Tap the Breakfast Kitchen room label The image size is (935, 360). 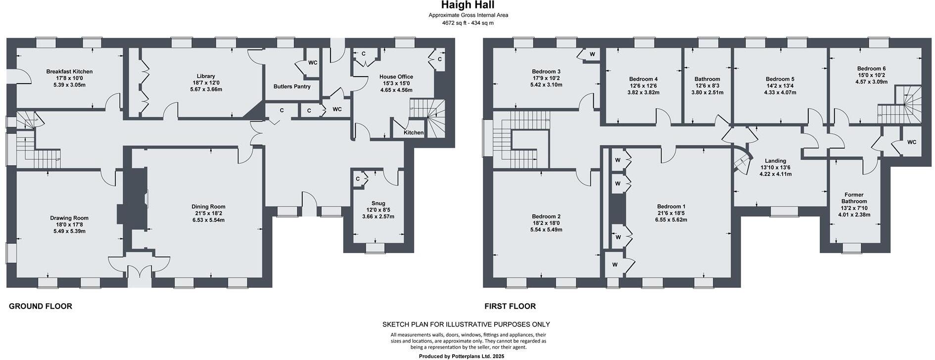(x=69, y=72)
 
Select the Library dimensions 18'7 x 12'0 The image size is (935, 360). (x=206, y=83)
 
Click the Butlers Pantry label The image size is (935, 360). (x=292, y=87)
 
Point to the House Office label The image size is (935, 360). (x=396, y=77)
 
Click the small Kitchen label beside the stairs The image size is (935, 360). (x=413, y=133)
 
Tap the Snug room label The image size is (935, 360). (x=378, y=203)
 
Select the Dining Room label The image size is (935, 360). (x=208, y=207)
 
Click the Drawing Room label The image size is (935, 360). (x=69, y=218)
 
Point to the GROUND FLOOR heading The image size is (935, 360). (x=41, y=306)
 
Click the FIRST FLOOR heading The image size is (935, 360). (x=510, y=306)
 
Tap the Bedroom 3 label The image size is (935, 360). (x=546, y=72)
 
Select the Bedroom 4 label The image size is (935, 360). (x=643, y=79)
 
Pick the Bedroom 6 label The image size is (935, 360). (x=871, y=69)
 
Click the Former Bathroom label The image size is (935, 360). (x=854, y=198)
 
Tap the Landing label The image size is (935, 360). (x=775, y=161)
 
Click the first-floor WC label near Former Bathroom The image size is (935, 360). (x=911, y=142)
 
